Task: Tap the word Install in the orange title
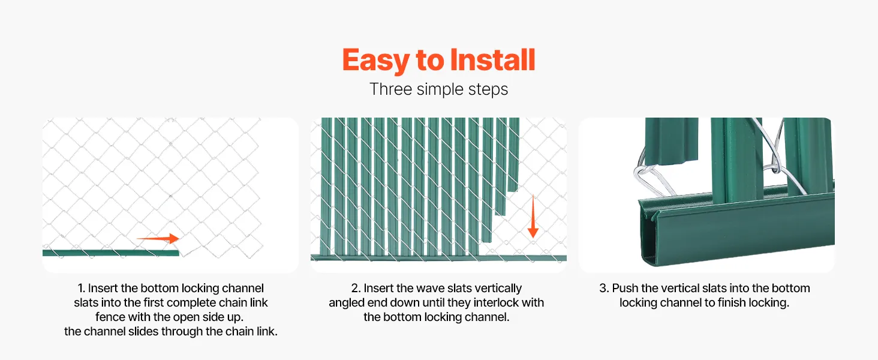pos(493,59)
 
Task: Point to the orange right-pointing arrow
pos(158,238)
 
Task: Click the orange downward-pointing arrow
pos(533,216)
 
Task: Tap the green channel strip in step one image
pos(110,253)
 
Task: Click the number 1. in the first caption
pos(81,288)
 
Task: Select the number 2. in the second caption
pos(356,288)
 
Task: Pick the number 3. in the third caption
pos(604,288)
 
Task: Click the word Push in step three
pos(625,288)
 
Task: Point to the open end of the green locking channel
pos(647,232)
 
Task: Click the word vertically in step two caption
pos(498,289)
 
